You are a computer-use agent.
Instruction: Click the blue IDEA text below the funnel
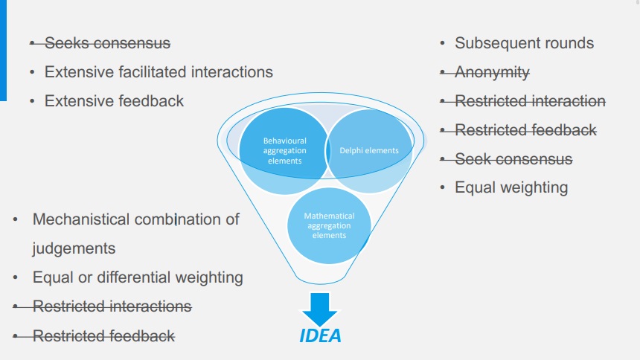click(320, 335)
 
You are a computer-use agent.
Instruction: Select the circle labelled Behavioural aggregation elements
click(284, 149)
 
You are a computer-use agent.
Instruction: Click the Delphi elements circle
click(370, 151)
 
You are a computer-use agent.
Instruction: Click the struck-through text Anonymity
click(492, 72)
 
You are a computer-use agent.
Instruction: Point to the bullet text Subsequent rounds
click(524, 43)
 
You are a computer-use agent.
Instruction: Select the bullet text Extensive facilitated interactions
click(159, 72)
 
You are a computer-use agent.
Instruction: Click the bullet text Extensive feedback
click(114, 100)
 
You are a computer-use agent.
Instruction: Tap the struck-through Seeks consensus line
click(107, 43)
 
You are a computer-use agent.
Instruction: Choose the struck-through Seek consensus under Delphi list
click(513, 158)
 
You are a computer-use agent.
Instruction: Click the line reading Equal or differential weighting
click(138, 277)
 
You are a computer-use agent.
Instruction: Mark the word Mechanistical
click(81, 219)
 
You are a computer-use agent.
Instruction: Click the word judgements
click(74, 248)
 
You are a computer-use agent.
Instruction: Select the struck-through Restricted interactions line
click(112, 306)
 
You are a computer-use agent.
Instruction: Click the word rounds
click(569, 43)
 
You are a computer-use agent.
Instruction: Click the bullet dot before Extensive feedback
click(32, 100)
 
